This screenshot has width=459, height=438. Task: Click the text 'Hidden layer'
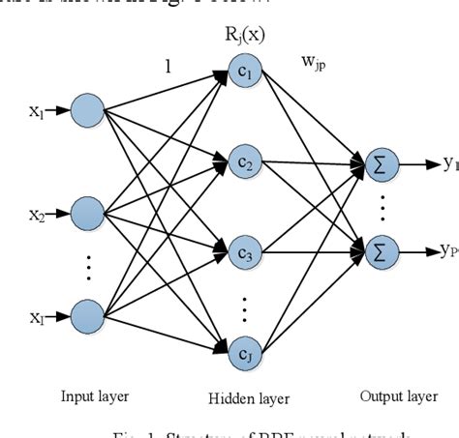pyautogui.click(x=243, y=398)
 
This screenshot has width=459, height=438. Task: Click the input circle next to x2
pyautogui.click(x=86, y=210)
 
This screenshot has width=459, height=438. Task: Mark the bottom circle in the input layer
pyautogui.click(x=86, y=314)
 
